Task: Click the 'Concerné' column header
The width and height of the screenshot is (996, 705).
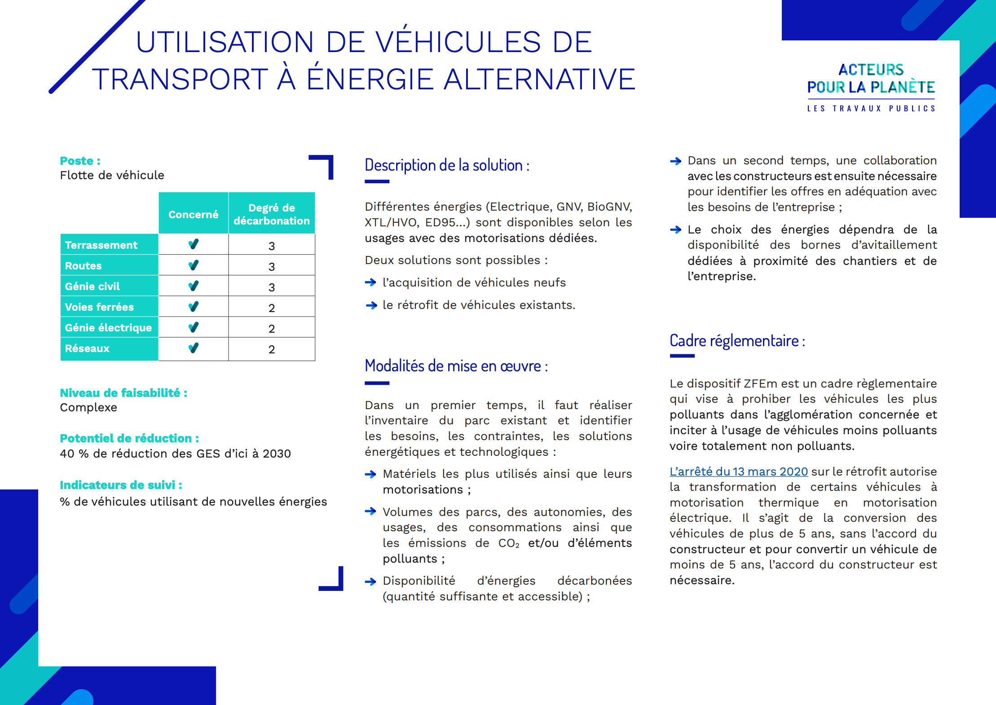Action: pos(193,214)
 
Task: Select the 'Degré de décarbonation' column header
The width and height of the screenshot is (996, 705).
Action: pos(271,214)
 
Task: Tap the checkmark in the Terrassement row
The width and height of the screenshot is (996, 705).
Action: pos(193,244)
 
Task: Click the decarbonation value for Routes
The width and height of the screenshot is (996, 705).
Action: pos(271,266)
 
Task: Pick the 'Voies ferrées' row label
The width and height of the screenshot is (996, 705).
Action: pos(99,307)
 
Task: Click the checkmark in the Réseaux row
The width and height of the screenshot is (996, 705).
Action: pos(193,348)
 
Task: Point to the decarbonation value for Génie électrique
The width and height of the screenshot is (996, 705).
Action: pos(271,328)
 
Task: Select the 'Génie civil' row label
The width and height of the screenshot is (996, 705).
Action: pos(92,286)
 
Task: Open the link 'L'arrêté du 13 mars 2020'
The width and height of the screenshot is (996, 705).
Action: pos(738,471)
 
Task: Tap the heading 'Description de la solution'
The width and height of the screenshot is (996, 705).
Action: pos(446,165)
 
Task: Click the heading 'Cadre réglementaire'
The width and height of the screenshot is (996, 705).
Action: pos(736,341)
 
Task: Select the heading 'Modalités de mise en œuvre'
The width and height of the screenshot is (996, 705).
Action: pos(456,366)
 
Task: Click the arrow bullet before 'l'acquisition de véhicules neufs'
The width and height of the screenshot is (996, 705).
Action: pos(370,282)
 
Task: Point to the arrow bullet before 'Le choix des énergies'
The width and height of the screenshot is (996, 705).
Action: pos(675,230)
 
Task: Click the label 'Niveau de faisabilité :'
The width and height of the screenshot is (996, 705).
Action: pos(123,393)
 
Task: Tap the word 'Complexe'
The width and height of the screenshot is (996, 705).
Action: pos(88,408)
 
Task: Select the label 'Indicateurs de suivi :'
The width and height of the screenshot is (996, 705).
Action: pos(121,485)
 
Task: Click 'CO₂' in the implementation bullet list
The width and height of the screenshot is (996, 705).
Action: pos(509,543)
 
